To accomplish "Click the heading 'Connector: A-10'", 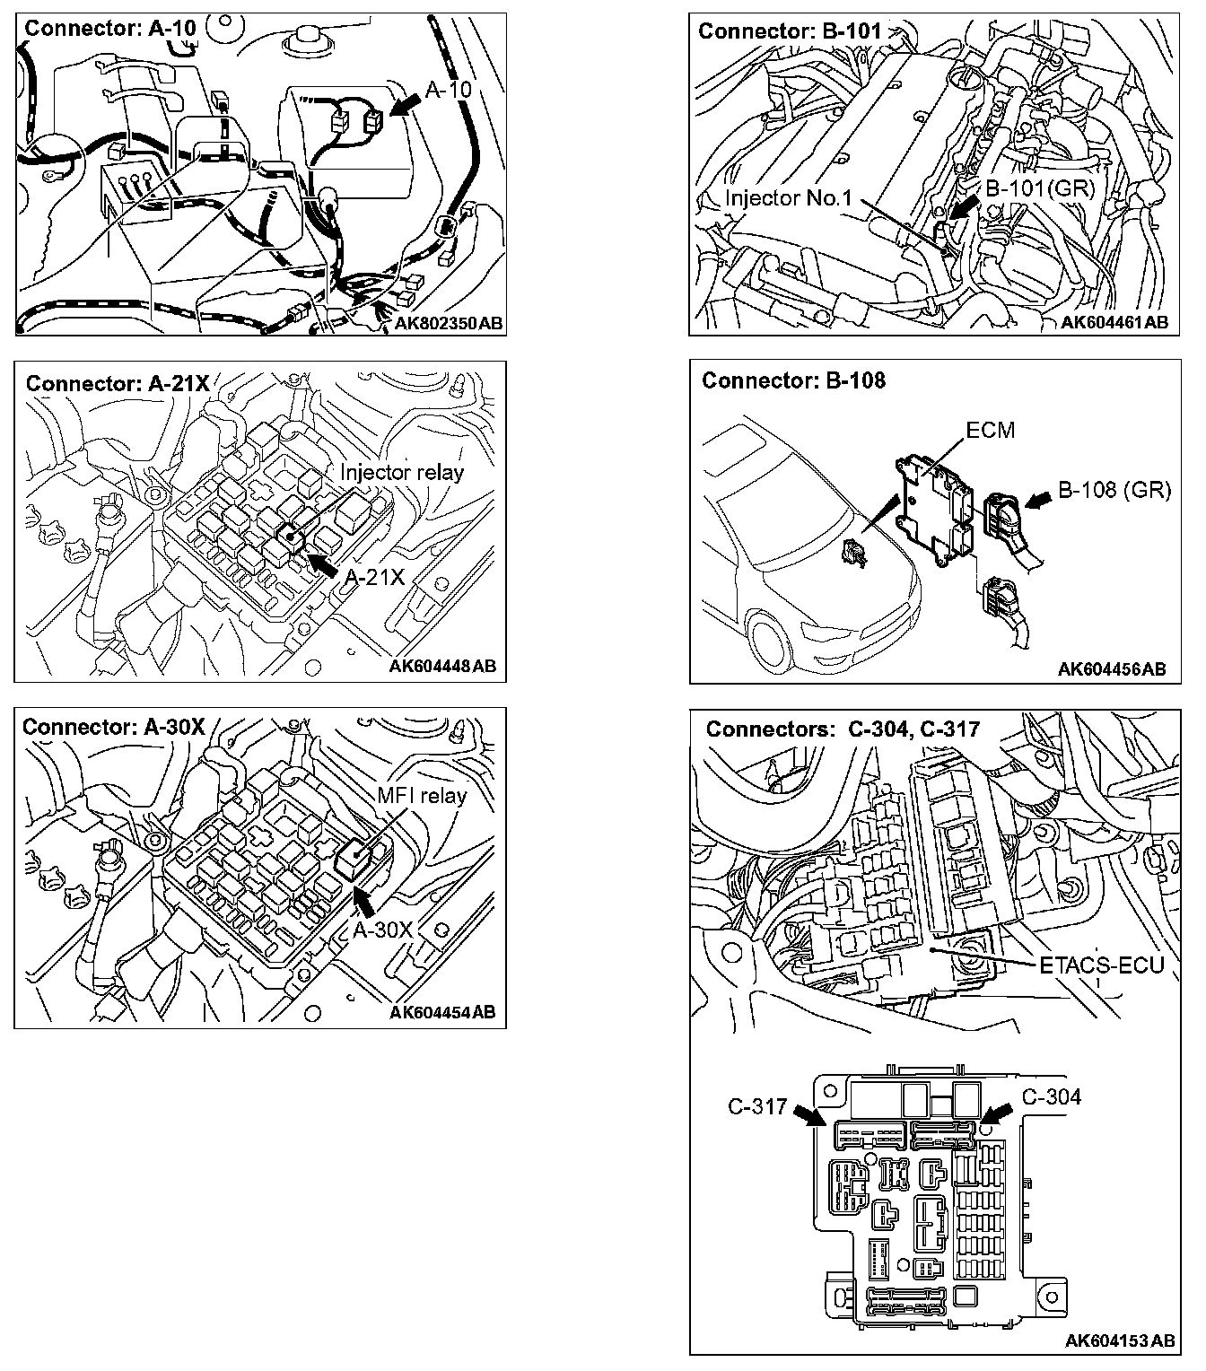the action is point(110,28).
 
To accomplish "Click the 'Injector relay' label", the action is point(401,472).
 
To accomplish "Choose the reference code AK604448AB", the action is point(442,667).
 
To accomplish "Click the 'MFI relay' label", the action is point(422,795).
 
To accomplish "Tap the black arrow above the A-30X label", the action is point(364,900).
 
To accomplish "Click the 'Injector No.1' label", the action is point(788,198).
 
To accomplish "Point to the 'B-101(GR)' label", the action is point(1027,188).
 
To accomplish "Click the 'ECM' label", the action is point(991,430).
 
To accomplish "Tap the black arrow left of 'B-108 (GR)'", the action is point(1039,502).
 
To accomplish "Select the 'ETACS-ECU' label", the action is point(1101,966).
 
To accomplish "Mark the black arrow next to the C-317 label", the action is point(808,1115).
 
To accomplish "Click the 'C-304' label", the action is point(1052,1096).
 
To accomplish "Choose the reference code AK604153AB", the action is point(1119,1340).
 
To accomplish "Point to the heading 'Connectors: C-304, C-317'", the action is point(843,729).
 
